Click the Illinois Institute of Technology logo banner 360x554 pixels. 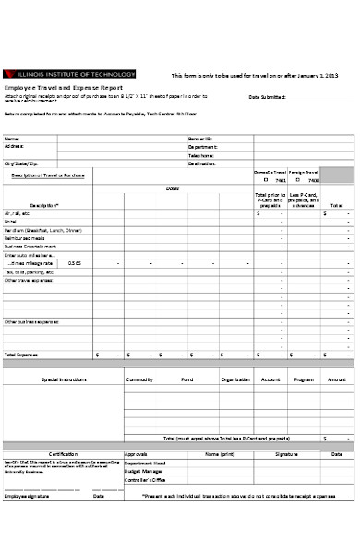70,75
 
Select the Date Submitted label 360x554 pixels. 267,97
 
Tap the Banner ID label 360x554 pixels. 200,138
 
